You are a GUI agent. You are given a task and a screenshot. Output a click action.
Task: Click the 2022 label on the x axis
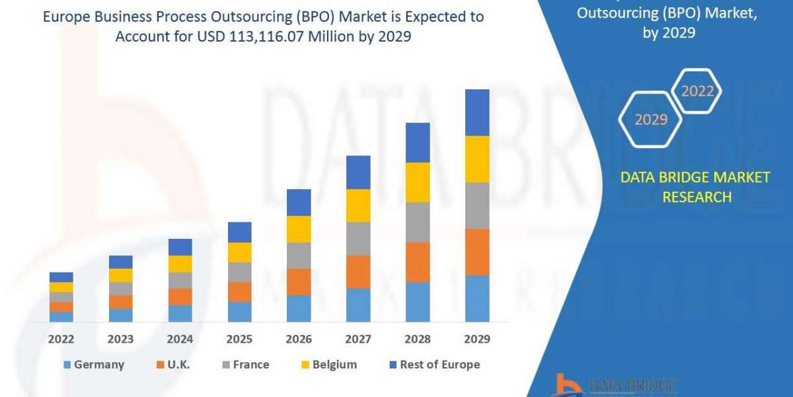61,339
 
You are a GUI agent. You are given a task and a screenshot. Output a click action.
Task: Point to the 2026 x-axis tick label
299,339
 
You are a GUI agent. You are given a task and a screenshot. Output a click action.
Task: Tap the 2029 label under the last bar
477,339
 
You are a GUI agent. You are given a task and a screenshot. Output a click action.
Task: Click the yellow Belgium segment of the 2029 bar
477,159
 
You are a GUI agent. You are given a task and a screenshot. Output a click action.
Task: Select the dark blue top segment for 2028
418,142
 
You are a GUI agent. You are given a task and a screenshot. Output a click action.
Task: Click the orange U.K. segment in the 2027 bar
358,272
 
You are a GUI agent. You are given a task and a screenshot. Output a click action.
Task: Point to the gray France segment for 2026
299,255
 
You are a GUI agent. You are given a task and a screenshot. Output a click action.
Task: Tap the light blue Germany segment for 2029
477,298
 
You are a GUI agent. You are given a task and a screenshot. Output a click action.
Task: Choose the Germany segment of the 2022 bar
61,317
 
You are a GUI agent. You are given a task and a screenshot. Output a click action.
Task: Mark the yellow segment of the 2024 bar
180,264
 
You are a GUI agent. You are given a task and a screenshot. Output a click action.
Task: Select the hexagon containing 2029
650,120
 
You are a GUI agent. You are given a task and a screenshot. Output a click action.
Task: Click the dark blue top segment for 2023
120,262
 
